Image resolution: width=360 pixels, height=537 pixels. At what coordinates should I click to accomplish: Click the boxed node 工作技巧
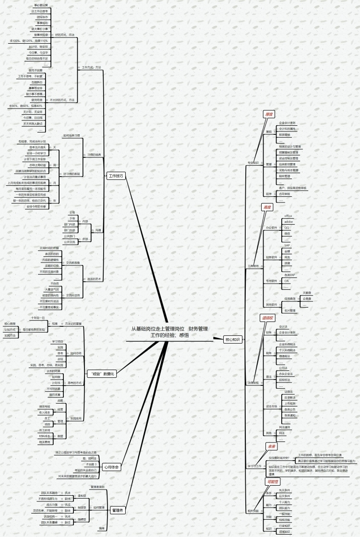point(115,176)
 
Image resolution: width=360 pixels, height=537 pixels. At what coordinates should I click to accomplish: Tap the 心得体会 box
point(111,466)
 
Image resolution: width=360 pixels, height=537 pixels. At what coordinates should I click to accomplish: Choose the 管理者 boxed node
point(117,510)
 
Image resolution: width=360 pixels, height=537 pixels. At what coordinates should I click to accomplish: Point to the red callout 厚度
point(268,114)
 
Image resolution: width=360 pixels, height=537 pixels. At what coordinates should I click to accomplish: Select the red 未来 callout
point(271,446)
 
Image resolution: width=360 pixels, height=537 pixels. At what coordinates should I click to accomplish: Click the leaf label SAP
point(287,245)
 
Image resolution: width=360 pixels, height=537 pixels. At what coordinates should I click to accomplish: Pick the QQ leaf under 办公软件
point(287,227)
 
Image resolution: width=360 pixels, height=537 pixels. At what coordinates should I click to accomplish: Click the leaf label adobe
point(288,222)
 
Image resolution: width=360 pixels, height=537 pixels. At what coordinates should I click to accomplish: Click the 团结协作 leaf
point(43,17)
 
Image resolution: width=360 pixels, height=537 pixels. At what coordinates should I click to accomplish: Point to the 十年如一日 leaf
point(37,318)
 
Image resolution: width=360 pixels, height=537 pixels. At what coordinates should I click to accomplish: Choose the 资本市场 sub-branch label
point(272,406)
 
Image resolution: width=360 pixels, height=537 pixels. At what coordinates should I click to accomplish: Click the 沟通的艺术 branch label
point(94,279)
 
